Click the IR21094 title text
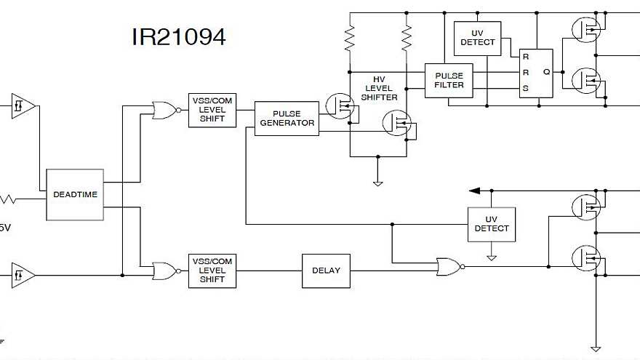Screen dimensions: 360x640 (178, 37)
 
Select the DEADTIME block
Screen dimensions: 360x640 (75, 194)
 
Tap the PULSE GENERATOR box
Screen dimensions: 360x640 (287, 119)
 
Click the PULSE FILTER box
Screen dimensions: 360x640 (449, 80)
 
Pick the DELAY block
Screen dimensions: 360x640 (326, 271)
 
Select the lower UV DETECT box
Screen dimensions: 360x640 (492, 224)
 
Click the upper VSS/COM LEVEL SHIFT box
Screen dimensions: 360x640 (212, 110)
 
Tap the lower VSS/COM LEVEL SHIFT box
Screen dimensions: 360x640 (212, 270)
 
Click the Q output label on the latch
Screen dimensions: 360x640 (546, 72)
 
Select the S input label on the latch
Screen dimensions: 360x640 (525, 88)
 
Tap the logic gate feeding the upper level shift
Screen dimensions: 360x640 (165, 111)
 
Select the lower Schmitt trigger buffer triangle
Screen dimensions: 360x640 (22, 276)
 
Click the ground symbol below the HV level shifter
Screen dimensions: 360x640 (377, 183)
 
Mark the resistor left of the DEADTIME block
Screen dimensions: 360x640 (9, 198)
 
